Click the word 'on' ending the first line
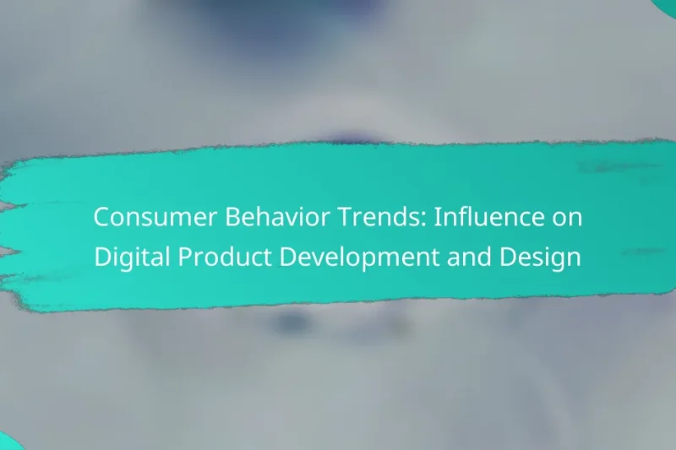click(x=567, y=218)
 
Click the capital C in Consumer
click(x=101, y=218)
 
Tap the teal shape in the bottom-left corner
click(x=8, y=442)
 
